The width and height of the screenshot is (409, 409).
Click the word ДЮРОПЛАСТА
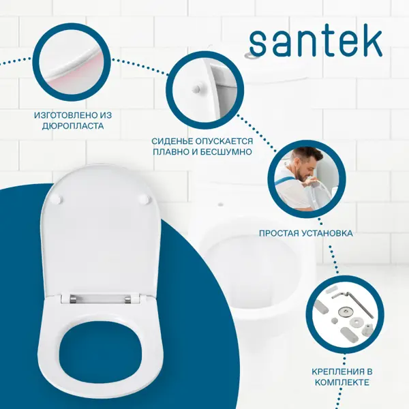(73, 126)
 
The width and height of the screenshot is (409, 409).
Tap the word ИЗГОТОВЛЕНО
(65, 115)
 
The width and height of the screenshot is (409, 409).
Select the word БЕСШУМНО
(226, 152)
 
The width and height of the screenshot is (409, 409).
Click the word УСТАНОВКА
(327, 233)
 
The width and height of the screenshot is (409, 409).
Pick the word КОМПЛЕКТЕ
(342, 382)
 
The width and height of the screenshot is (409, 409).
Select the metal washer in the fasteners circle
(344, 312)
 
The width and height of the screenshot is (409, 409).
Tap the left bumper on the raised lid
(57, 200)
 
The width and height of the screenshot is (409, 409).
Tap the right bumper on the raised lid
(145, 200)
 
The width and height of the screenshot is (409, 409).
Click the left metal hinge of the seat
(74, 299)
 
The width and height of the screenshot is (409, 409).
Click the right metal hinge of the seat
(127, 299)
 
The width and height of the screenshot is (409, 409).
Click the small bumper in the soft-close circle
(196, 89)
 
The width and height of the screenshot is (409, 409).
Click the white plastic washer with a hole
(354, 322)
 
